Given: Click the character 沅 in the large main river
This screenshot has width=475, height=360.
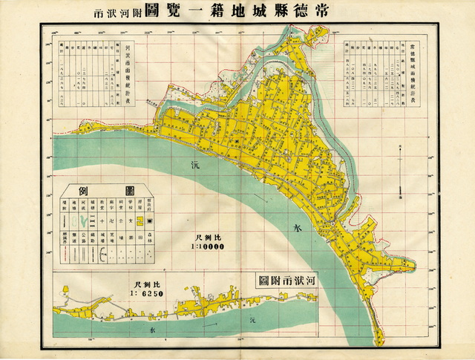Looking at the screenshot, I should click(195, 161).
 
